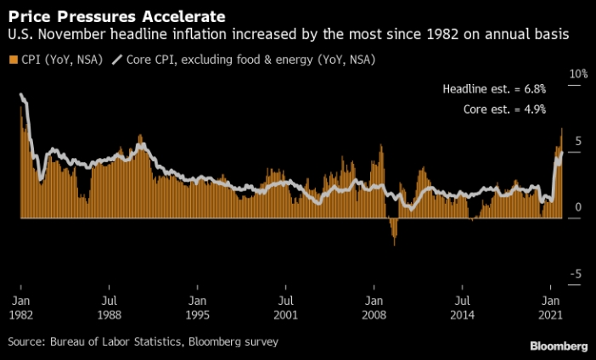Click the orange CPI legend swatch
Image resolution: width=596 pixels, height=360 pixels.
click(x=12, y=59)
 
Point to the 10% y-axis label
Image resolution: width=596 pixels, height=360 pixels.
click(x=578, y=75)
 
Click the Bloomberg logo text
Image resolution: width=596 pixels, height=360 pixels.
click(x=559, y=346)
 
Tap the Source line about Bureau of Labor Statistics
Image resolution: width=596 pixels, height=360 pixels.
click(x=143, y=341)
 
